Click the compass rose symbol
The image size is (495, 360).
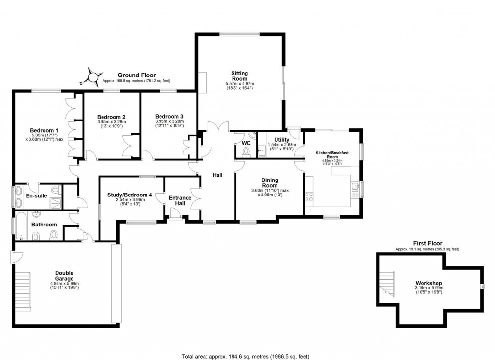[x=93, y=77]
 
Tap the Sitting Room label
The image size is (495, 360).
[x=239, y=76]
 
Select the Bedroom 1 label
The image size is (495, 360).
[x=44, y=130]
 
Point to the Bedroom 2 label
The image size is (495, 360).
[x=111, y=117]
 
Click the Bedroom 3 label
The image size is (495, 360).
[x=169, y=117]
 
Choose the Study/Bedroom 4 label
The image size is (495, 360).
[x=130, y=195]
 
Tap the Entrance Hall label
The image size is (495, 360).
[x=180, y=200]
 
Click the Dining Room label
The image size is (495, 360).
[x=270, y=182]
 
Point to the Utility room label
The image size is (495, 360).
[x=281, y=140]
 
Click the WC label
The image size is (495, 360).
[x=246, y=143]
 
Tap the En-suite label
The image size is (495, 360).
[x=35, y=196]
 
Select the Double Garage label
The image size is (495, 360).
[x=64, y=276]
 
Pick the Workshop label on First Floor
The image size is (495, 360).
[x=428, y=283]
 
